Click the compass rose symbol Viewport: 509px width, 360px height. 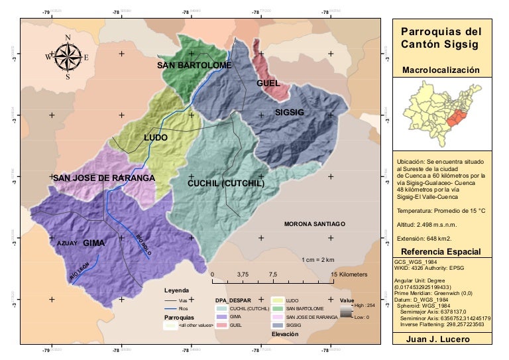pos(68,56)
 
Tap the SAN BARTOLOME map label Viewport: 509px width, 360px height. pos(194,66)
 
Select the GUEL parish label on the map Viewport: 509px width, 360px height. pos(268,84)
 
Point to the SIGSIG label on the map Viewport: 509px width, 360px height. pos(289,113)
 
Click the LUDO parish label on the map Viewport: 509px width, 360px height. pos(156,138)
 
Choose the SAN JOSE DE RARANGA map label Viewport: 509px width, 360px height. pos(104,178)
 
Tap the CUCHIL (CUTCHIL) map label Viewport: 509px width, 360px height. pos(226,183)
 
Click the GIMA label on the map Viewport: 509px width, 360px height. pos(94,243)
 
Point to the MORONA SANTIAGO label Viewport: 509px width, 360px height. pos(315,224)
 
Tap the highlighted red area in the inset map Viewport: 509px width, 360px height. pos(455,118)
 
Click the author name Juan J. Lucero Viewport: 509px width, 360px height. pos(442,339)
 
